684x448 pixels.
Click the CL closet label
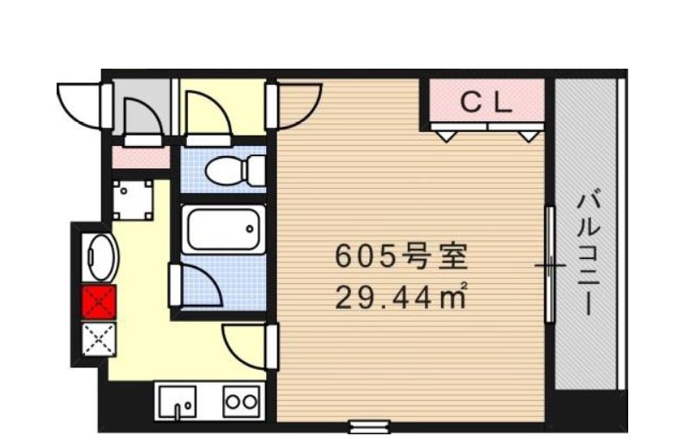487,103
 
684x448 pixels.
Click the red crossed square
98,302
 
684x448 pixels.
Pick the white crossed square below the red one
98,338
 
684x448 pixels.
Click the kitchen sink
178,401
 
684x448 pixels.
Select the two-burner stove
241,401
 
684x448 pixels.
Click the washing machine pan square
132,199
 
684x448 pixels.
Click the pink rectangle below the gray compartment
141,158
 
